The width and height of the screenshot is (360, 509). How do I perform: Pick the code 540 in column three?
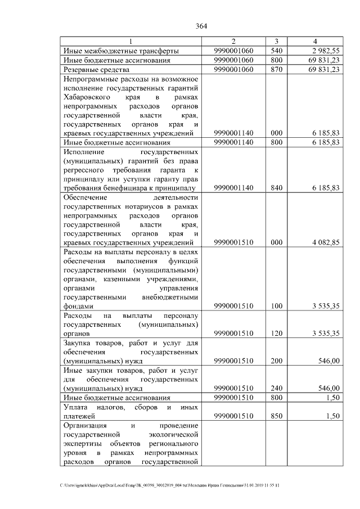tap(276, 51)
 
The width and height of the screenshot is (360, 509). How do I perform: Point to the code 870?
tap(276, 70)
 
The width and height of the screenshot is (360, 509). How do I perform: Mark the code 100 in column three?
tap(276, 306)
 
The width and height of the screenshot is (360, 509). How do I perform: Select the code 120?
tap(276, 334)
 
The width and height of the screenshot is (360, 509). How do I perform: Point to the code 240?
tap(276, 388)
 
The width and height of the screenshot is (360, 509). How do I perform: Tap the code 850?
tap(276, 416)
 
